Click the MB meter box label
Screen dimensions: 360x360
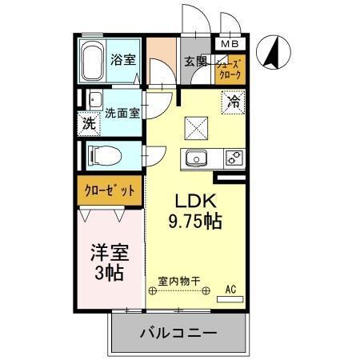(230, 44)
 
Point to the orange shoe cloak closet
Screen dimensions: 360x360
(230, 70)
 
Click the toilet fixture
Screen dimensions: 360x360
(97, 154)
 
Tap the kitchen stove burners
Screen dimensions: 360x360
(234, 158)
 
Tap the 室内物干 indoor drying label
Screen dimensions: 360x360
(178, 280)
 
